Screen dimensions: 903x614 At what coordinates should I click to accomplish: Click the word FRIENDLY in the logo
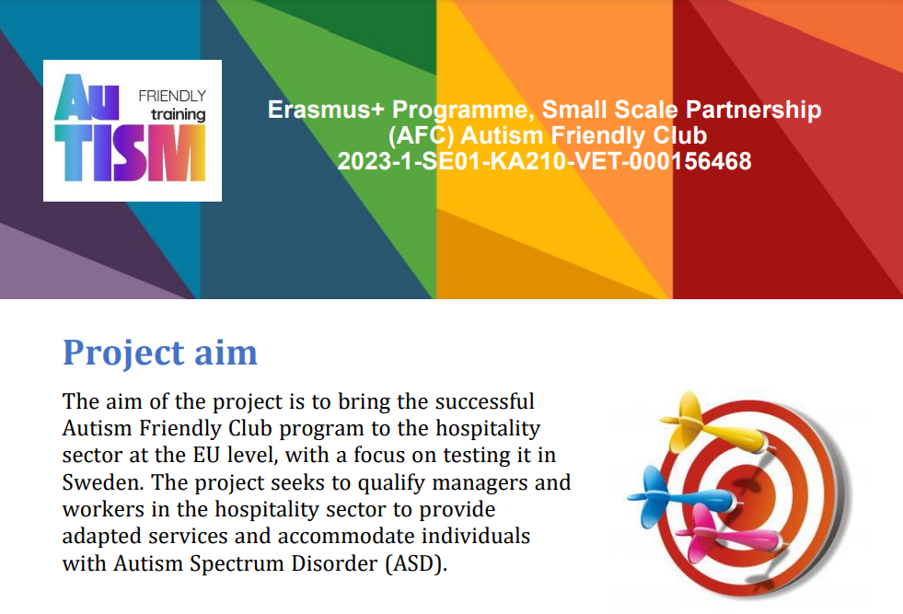[172, 96]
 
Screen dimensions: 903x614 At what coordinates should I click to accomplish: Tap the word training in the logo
[178, 115]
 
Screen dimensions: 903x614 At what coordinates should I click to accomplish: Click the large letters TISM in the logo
[130, 153]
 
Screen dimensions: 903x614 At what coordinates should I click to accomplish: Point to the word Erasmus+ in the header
[325, 110]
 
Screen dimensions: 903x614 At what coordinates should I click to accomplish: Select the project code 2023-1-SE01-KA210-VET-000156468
[544, 161]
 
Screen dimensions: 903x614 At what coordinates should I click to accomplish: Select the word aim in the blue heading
[226, 353]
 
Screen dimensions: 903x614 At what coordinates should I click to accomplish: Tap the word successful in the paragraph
[484, 401]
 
